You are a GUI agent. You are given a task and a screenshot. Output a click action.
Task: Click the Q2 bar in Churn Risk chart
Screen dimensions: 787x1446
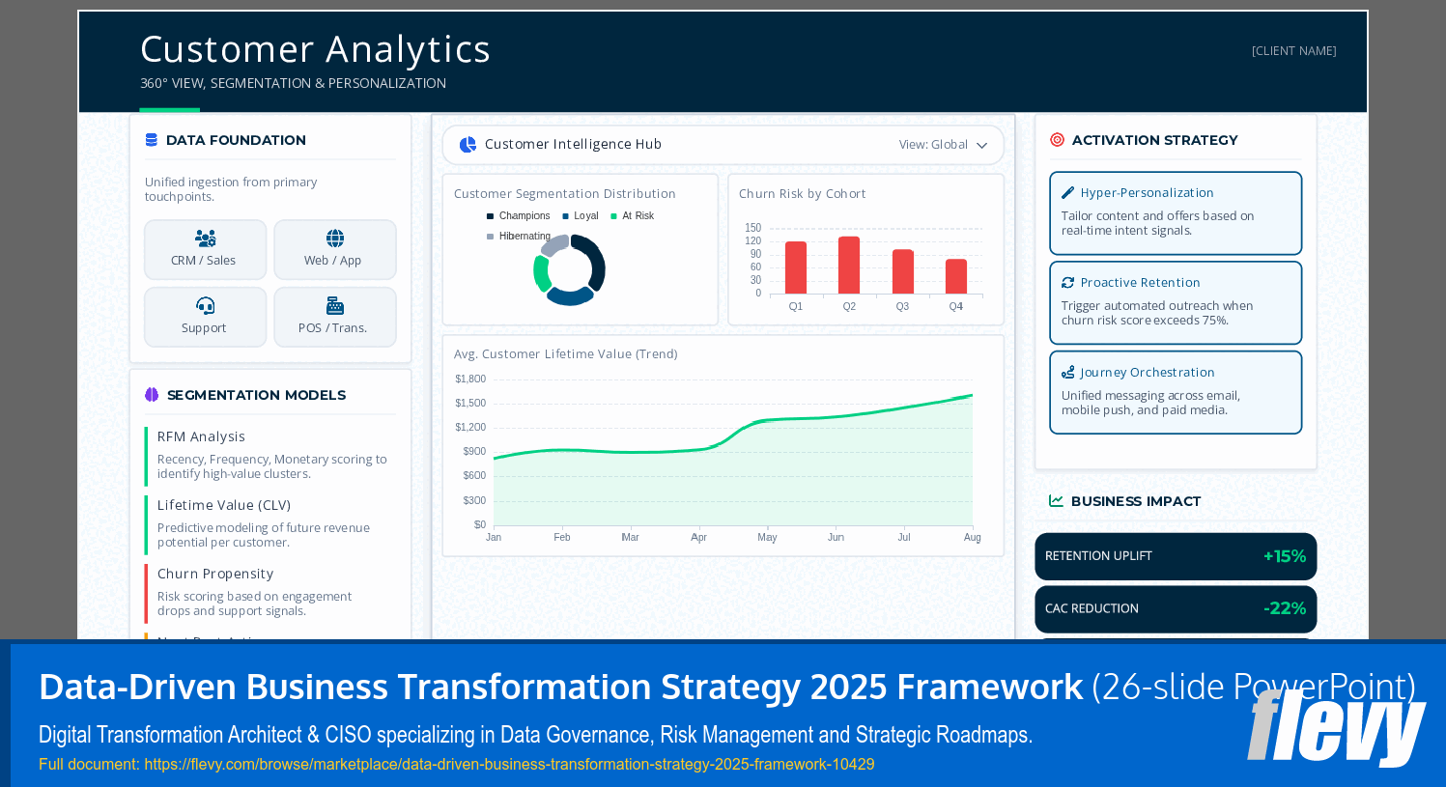[849, 265]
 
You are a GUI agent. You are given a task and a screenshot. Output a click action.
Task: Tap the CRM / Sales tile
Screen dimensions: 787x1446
[205, 249]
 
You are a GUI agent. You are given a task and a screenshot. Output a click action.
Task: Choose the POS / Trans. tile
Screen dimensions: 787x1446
[334, 317]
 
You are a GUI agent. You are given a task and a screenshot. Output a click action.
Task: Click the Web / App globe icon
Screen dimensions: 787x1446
[335, 239]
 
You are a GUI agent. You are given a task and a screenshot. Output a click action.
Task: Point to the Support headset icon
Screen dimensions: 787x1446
[205, 306]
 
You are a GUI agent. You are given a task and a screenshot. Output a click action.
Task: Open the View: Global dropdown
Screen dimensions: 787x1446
[944, 145]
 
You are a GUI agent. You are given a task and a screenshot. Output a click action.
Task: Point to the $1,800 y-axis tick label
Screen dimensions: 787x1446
[470, 379]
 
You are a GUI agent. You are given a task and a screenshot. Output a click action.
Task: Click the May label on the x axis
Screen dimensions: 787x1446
[767, 537]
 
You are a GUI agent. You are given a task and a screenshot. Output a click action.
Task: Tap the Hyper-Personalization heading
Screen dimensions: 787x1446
[1147, 193]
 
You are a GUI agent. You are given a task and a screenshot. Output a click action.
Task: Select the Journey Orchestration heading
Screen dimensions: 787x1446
[1147, 373]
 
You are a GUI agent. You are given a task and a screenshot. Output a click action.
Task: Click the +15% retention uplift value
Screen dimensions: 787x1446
[1285, 556]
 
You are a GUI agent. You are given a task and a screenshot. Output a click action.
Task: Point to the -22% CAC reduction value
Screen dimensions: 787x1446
[1285, 608]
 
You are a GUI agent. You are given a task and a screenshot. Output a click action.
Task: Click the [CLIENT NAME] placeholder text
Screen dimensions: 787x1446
[1293, 51]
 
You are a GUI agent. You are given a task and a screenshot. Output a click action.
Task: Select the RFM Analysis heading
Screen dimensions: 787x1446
[201, 436]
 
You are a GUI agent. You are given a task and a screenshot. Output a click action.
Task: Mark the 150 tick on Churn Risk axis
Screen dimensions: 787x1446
[752, 228]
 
